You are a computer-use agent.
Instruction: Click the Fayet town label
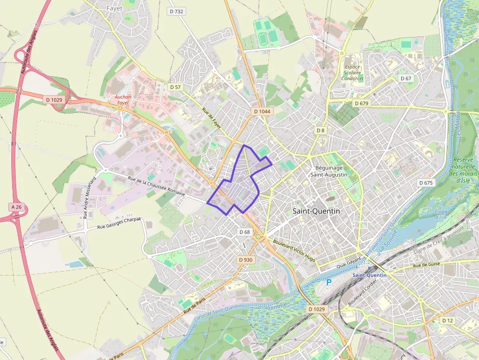click(114, 8)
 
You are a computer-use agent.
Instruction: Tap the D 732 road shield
click(176, 11)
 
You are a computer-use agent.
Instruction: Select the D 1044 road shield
click(262, 111)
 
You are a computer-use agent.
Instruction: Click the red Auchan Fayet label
click(123, 100)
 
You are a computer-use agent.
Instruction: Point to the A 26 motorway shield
click(16, 207)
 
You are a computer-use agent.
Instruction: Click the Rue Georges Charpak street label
click(119, 223)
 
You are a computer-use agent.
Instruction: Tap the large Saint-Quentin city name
click(316, 211)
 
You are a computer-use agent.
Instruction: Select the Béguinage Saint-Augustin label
click(329, 171)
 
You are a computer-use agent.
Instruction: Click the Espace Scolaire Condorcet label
click(352, 72)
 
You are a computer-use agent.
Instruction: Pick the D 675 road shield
click(426, 183)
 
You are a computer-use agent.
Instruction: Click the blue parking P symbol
click(329, 282)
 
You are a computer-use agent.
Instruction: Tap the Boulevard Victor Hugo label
click(294, 251)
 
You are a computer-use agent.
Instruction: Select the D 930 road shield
click(245, 260)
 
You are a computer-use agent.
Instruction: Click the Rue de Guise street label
click(426, 265)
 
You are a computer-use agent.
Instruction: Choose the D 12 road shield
click(447, 320)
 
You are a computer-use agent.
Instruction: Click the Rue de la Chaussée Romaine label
click(156, 186)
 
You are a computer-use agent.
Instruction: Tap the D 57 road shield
click(175, 87)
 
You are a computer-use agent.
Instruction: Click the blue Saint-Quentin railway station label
click(369, 275)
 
